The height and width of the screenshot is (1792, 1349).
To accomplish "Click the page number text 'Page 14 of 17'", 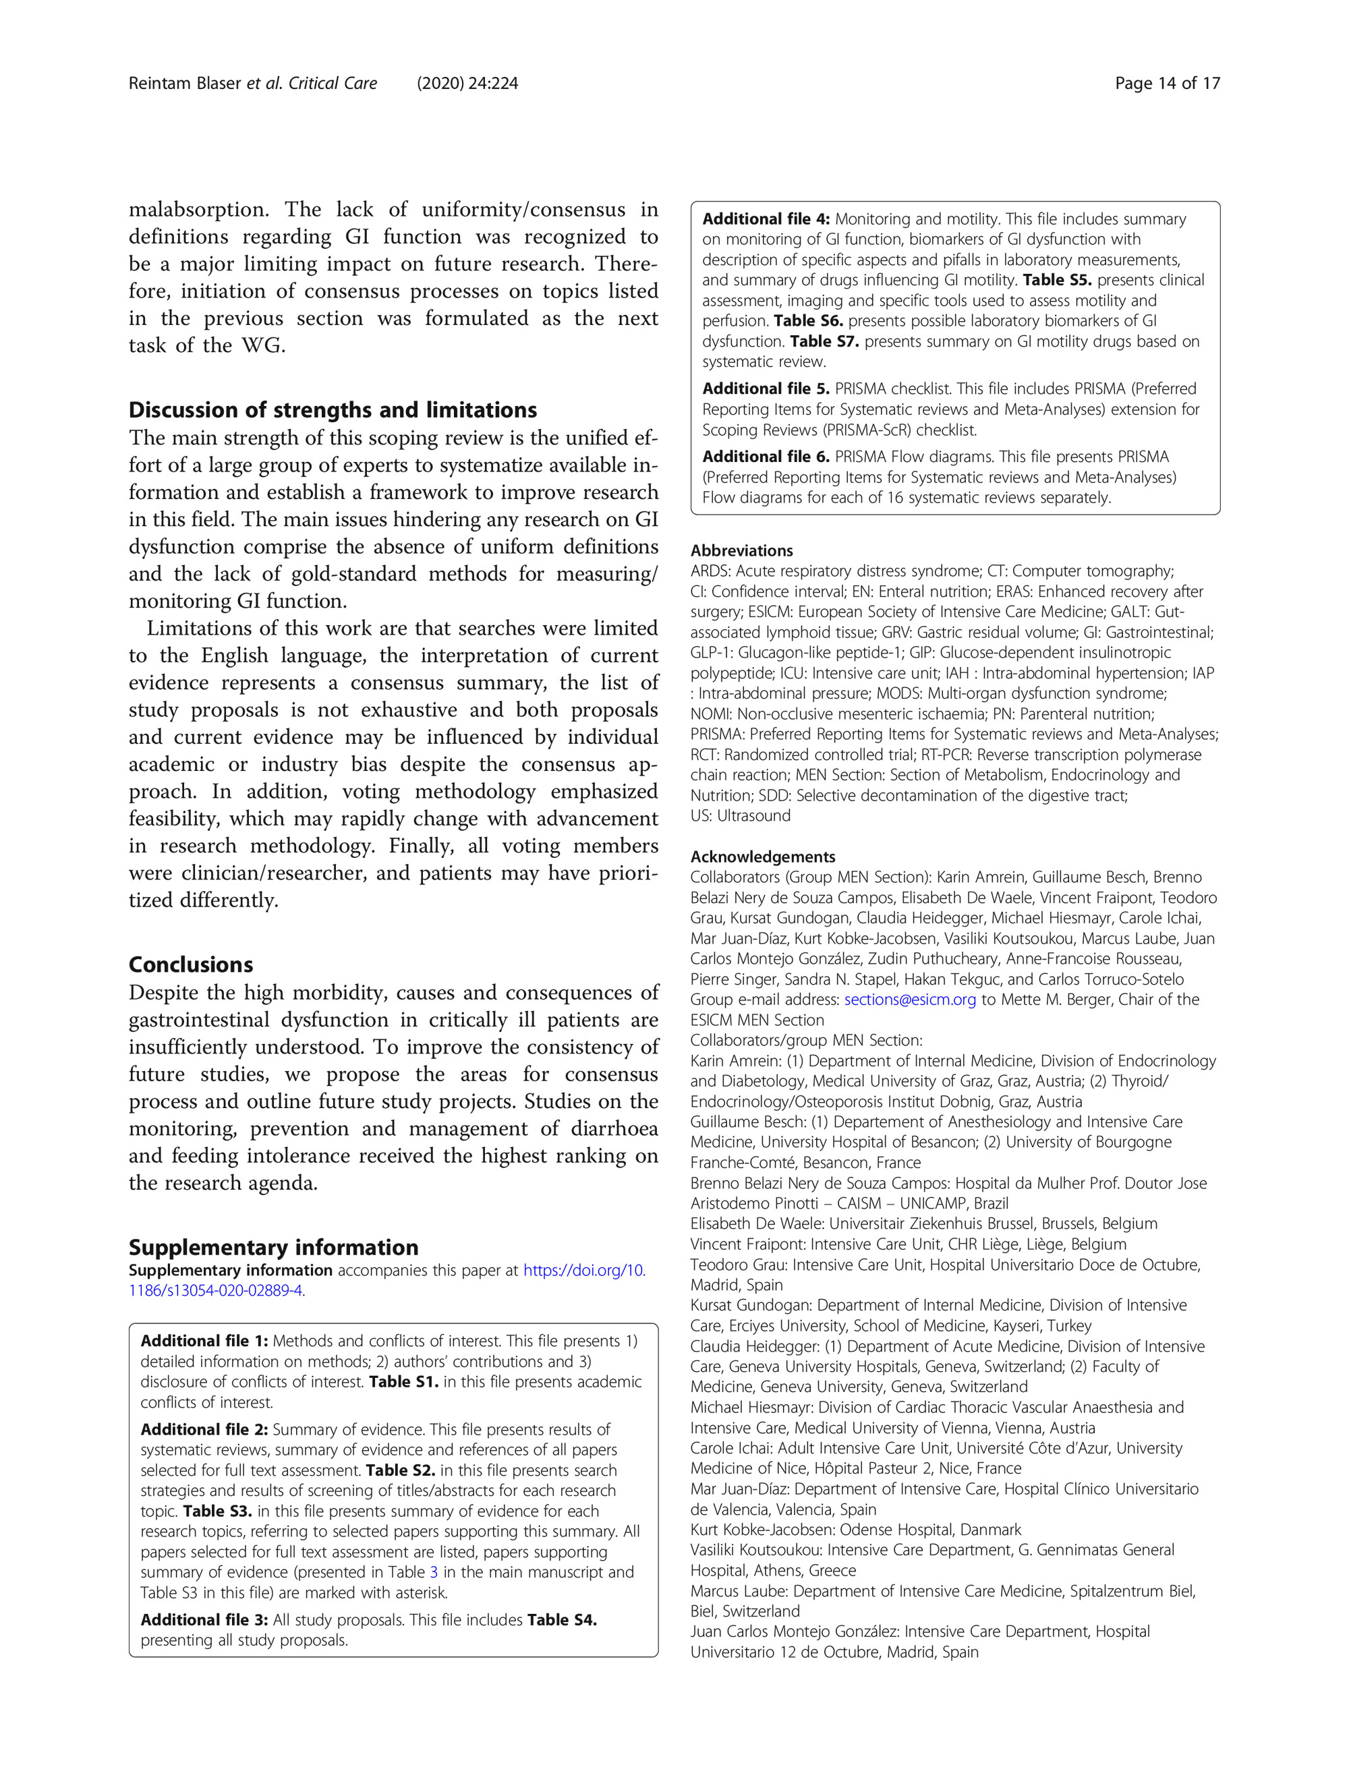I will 1167,84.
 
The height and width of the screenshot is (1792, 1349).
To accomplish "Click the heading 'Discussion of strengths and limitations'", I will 332,410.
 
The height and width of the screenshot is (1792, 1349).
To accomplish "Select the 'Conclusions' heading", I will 190,965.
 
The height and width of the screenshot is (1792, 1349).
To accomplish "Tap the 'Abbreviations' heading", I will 741,551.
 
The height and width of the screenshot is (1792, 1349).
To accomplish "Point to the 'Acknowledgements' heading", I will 762,857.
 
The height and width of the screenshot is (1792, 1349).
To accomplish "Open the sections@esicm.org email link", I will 910,1000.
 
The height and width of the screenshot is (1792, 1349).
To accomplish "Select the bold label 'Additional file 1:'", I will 204,1341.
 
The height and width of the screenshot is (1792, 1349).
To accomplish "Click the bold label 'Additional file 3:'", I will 204,1619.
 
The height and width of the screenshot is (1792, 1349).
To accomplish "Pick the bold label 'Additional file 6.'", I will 766,457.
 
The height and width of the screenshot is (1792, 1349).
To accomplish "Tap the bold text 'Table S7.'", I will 824,342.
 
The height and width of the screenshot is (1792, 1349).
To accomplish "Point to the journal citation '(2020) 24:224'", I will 467,84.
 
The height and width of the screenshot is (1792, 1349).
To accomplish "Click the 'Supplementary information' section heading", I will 273,1248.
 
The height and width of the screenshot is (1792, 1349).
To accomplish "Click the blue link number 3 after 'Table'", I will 434,1572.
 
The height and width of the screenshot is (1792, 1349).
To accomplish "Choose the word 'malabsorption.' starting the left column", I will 199,210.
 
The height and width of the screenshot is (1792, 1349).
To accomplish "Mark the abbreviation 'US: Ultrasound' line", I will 740,816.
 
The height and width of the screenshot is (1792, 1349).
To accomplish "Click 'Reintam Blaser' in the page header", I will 185,84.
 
